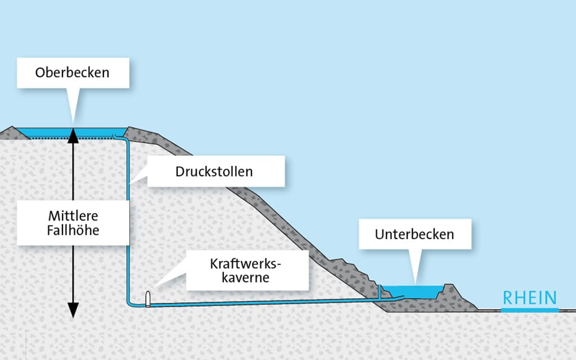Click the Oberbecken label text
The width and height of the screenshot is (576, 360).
[x=72, y=73]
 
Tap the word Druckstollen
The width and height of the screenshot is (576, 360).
[x=214, y=172]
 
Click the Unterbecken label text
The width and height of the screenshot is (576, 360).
[x=415, y=234]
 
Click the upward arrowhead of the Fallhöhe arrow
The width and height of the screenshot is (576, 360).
[x=73, y=133]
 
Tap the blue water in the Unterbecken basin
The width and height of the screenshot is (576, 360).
[x=416, y=292]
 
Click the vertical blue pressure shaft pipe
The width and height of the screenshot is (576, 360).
[x=128, y=225]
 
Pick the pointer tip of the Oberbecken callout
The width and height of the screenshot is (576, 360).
[x=73, y=125]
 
